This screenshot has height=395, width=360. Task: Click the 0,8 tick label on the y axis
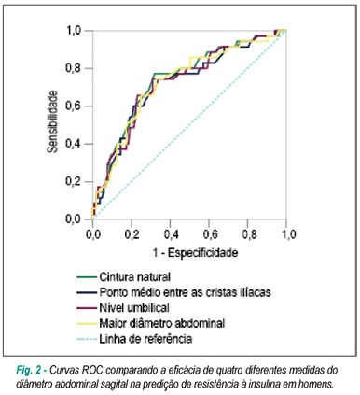[73, 68]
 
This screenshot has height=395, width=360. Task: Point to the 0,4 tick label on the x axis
[172, 234]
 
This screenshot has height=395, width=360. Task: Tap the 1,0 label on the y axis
[74, 31]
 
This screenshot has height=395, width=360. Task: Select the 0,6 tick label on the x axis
[210, 234]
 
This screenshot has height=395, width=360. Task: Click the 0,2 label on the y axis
[73, 182]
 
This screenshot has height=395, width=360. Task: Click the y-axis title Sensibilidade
[52, 121]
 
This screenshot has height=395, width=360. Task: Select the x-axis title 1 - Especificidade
[195, 252]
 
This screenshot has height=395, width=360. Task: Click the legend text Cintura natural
[135, 276]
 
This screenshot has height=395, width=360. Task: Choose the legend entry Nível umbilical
[134, 308]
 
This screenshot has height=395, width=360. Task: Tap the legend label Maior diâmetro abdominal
[162, 323]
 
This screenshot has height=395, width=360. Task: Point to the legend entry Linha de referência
[145, 339]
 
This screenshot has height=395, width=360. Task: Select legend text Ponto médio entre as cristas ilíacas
[185, 292]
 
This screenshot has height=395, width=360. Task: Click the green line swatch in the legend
[87, 276]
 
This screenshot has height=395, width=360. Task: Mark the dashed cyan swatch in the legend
[87, 339]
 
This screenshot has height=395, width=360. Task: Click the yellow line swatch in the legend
[87, 324]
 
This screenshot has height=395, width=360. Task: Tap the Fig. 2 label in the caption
[28, 371]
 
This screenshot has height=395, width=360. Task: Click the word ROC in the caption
[94, 371]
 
